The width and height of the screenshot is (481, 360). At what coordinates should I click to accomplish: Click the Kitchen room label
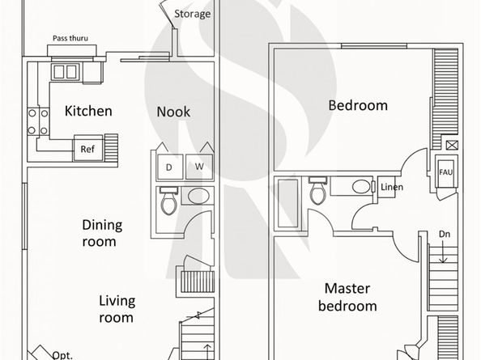88,111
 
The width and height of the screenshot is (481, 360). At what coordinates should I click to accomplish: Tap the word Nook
173,112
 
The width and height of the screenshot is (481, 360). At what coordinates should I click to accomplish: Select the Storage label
193,14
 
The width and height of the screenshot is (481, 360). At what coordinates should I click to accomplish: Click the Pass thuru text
70,38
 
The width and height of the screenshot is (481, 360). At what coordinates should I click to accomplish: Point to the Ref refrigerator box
87,148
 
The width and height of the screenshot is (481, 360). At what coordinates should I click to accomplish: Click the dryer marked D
169,167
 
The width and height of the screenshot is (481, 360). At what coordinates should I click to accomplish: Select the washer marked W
199,167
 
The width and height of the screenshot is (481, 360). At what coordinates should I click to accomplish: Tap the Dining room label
102,233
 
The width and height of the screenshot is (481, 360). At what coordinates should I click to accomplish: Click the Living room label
117,309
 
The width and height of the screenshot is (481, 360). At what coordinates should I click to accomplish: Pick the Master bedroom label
347,297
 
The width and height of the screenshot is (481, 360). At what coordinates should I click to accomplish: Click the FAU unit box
446,172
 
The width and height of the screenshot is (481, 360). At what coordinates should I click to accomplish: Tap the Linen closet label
392,187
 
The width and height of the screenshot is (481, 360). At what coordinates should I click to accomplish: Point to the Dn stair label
445,235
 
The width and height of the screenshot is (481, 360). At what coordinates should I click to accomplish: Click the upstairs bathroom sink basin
361,187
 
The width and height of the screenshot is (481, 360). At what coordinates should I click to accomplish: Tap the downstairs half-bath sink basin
198,196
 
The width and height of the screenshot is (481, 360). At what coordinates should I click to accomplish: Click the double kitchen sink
66,72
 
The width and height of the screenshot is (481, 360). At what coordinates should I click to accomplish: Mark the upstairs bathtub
288,203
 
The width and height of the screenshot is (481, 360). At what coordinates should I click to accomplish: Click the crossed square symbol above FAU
452,145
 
